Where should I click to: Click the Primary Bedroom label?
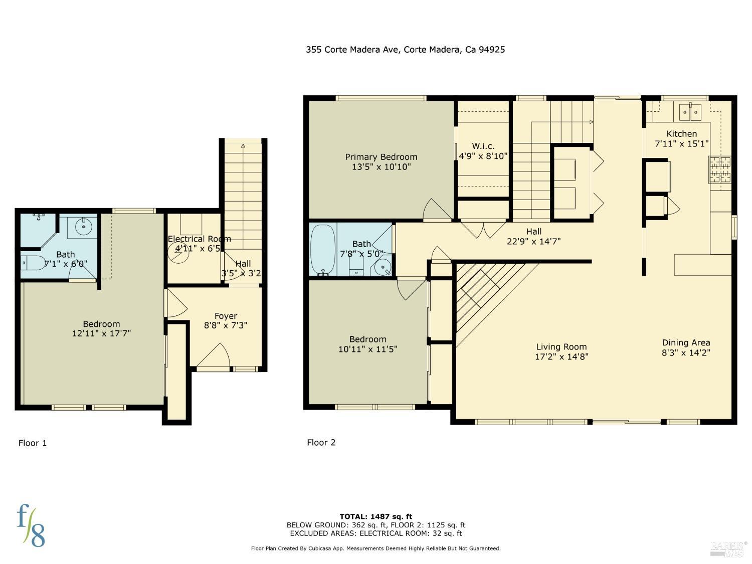coord(381,157)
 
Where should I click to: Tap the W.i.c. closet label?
coord(483,146)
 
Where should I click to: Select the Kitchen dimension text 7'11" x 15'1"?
coord(682,144)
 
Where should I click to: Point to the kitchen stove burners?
coord(719,169)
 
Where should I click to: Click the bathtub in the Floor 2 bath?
coord(323,249)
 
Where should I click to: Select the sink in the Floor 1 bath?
coord(82,227)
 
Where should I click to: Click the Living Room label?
coord(561,346)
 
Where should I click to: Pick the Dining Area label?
coord(686,342)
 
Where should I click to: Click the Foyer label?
coord(226,316)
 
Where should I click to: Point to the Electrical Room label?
coord(199,239)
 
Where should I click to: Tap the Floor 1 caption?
coord(33,443)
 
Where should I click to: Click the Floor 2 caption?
coord(321,442)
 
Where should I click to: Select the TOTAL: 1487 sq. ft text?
coord(375,516)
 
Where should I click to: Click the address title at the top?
coord(405,49)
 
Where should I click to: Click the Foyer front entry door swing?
coord(216,356)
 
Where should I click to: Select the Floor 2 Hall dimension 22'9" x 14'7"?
coord(533,241)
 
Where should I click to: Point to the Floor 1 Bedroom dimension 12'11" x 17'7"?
coord(101,333)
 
